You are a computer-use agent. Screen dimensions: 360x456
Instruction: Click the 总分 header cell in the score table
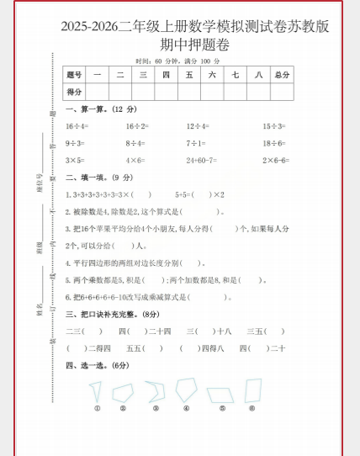click(x=282, y=75)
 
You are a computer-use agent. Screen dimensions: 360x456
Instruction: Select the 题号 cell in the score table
click(x=75, y=75)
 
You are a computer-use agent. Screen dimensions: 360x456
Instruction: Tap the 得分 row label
click(x=75, y=91)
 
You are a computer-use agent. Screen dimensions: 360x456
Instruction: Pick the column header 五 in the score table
click(x=189, y=75)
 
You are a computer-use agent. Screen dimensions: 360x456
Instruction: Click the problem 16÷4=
click(x=77, y=125)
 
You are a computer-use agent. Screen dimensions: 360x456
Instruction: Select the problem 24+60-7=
click(x=201, y=160)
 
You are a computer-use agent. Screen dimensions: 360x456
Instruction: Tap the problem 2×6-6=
click(x=275, y=160)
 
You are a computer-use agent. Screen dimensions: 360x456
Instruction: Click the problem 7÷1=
click(x=196, y=143)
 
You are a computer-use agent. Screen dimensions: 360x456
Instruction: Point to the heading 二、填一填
click(x=88, y=178)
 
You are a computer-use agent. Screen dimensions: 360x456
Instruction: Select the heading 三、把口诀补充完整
click(x=112, y=314)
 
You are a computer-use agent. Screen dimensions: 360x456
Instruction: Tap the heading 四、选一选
click(x=88, y=365)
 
